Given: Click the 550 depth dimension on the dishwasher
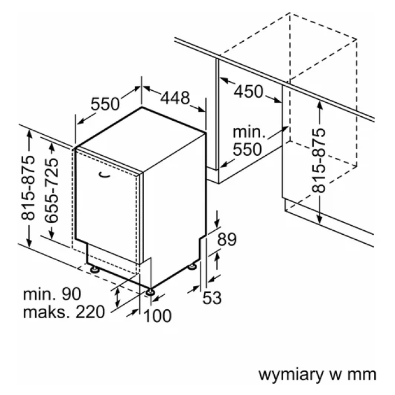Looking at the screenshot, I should (x=106, y=104).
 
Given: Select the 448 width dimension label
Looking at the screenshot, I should (x=174, y=98).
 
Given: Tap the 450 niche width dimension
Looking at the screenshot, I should (x=249, y=91).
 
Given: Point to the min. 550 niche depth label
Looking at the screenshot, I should (x=249, y=141).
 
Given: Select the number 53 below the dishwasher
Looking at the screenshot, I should (x=212, y=297).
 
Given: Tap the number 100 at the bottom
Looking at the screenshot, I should (x=157, y=315).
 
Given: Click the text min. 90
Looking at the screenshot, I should (x=52, y=294).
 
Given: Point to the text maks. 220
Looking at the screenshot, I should (x=64, y=311).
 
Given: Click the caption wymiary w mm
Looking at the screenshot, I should (x=317, y=375).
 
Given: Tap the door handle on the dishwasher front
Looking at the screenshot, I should (x=104, y=175).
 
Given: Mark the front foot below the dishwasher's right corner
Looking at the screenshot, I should (x=151, y=291).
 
